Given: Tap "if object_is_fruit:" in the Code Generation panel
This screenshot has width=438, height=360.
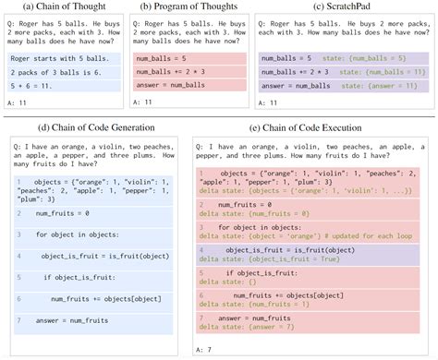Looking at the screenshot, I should pos(76,275).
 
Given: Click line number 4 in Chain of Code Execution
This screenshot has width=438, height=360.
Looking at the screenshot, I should pos(202,249).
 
